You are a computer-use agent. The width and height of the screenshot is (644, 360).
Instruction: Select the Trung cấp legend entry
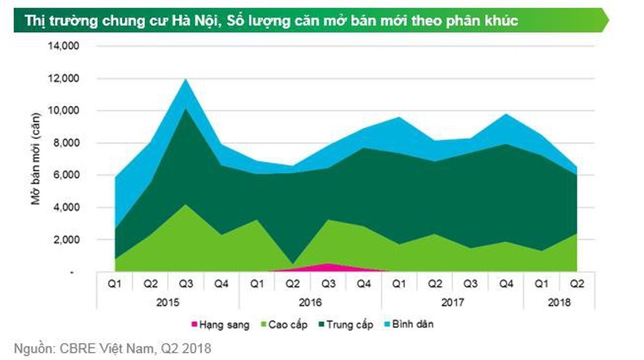coord(349,325)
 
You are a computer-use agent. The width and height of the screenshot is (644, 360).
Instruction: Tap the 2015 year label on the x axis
coord(168,302)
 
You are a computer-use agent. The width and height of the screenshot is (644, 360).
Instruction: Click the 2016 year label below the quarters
coord(310,302)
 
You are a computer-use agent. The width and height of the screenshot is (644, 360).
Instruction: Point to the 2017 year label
coord(452,302)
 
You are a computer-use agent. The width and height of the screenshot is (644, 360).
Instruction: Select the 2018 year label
coord(559,302)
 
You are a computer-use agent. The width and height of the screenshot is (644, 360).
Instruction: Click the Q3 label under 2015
coord(186,284)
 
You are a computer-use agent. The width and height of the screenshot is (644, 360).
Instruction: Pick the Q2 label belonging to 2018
coord(577,284)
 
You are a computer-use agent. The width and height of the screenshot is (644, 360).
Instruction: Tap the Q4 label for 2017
coord(506,284)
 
